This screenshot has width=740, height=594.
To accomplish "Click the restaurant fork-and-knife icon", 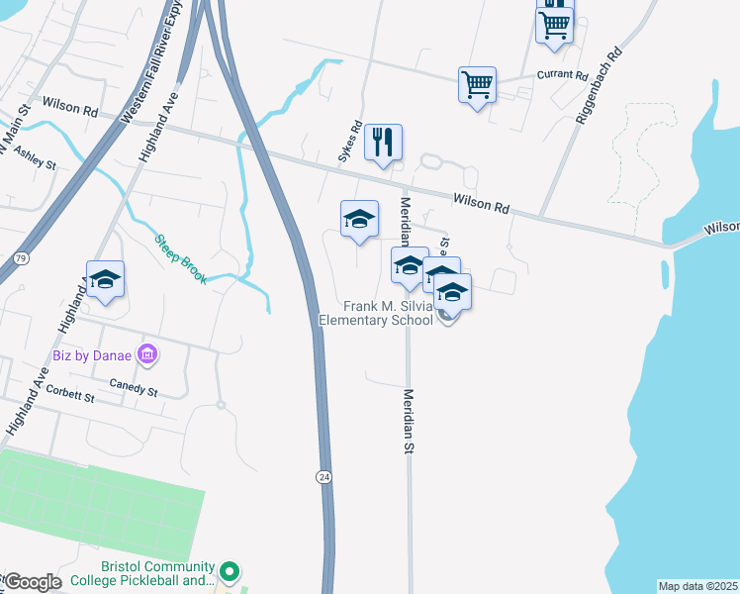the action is [383, 142].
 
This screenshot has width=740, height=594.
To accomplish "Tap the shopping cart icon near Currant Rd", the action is [477, 85].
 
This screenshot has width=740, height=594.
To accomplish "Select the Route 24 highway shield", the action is [324, 477].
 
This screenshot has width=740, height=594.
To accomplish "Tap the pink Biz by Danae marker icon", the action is [147, 353].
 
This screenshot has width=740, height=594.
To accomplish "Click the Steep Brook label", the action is [181, 259].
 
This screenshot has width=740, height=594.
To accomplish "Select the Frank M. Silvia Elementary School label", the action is [376, 313].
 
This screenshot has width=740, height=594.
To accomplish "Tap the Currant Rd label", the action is [562, 75].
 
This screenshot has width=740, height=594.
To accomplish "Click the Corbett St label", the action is [69, 396].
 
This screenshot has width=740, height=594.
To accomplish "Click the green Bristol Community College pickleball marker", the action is [230, 571].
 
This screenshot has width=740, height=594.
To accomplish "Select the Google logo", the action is [32, 582].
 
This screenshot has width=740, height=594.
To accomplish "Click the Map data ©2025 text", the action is [697, 586].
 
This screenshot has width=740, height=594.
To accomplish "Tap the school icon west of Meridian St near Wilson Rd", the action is [359, 220].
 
